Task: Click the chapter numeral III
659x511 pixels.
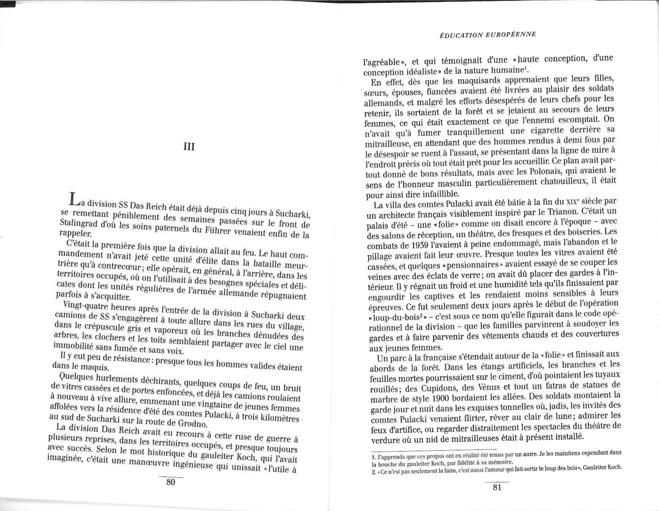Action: [189, 146]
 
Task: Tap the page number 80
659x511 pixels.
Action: [170, 482]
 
